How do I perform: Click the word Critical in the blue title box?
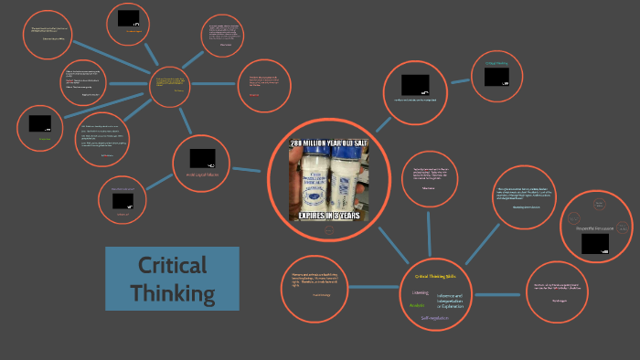click(x=173, y=267)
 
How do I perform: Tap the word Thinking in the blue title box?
click(x=173, y=294)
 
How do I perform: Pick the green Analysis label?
click(x=417, y=305)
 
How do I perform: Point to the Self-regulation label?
click(x=437, y=318)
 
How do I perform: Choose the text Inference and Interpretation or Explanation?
click(x=451, y=301)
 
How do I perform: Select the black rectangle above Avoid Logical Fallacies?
click(x=202, y=158)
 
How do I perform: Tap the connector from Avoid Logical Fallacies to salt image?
click(x=248, y=170)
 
